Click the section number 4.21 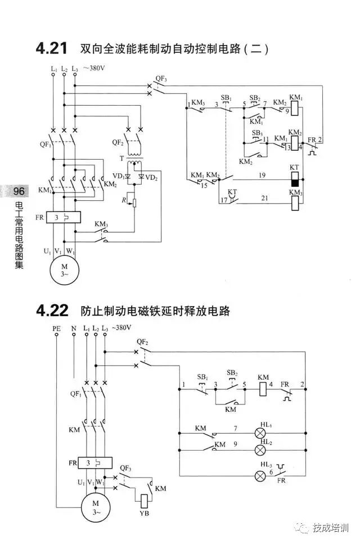click(x=52, y=49)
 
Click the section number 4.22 click(x=52, y=310)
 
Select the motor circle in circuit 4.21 click(x=65, y=269)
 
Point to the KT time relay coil click(x=294, y=179)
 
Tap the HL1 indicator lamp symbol click(x=261, y=434)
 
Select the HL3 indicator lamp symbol click(x=261, y=476)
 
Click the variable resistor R click(x=134, y=201)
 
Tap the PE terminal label click(x=56, y=328)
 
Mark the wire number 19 click(x=262, y=176)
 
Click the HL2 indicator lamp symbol click(x=261, y=451)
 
